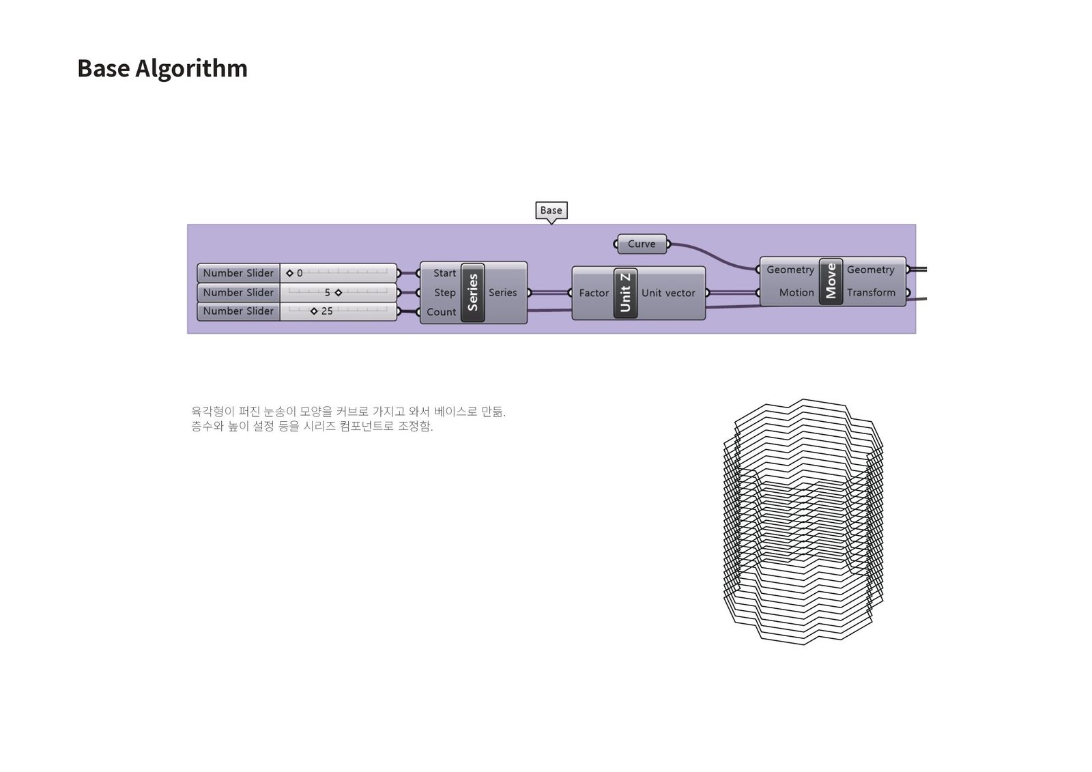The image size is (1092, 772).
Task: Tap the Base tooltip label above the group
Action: (x=551, y=210)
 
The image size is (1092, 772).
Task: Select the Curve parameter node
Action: (x=642, y=244)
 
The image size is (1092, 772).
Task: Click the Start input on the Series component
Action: (x=444, y=273)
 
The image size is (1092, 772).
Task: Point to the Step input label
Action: (x=444, y=292)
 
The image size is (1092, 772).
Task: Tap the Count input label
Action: (x=441, y=312)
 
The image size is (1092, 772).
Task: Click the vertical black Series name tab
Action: (x=472, y=292)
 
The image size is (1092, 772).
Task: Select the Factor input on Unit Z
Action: (x=593, y=293)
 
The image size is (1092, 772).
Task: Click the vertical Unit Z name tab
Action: (x=625, y=293)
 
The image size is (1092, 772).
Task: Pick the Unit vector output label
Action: (x=668, y=293)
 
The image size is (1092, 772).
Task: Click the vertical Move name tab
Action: (x=831, y=281)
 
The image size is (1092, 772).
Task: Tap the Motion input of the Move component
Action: (x=796, y=292)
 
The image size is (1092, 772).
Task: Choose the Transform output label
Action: (x=871, y=292)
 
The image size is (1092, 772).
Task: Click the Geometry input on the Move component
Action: (x=790, y=270)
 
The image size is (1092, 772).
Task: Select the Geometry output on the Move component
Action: (x=870, y=270)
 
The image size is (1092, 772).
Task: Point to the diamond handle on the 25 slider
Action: (x=314, y=311)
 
